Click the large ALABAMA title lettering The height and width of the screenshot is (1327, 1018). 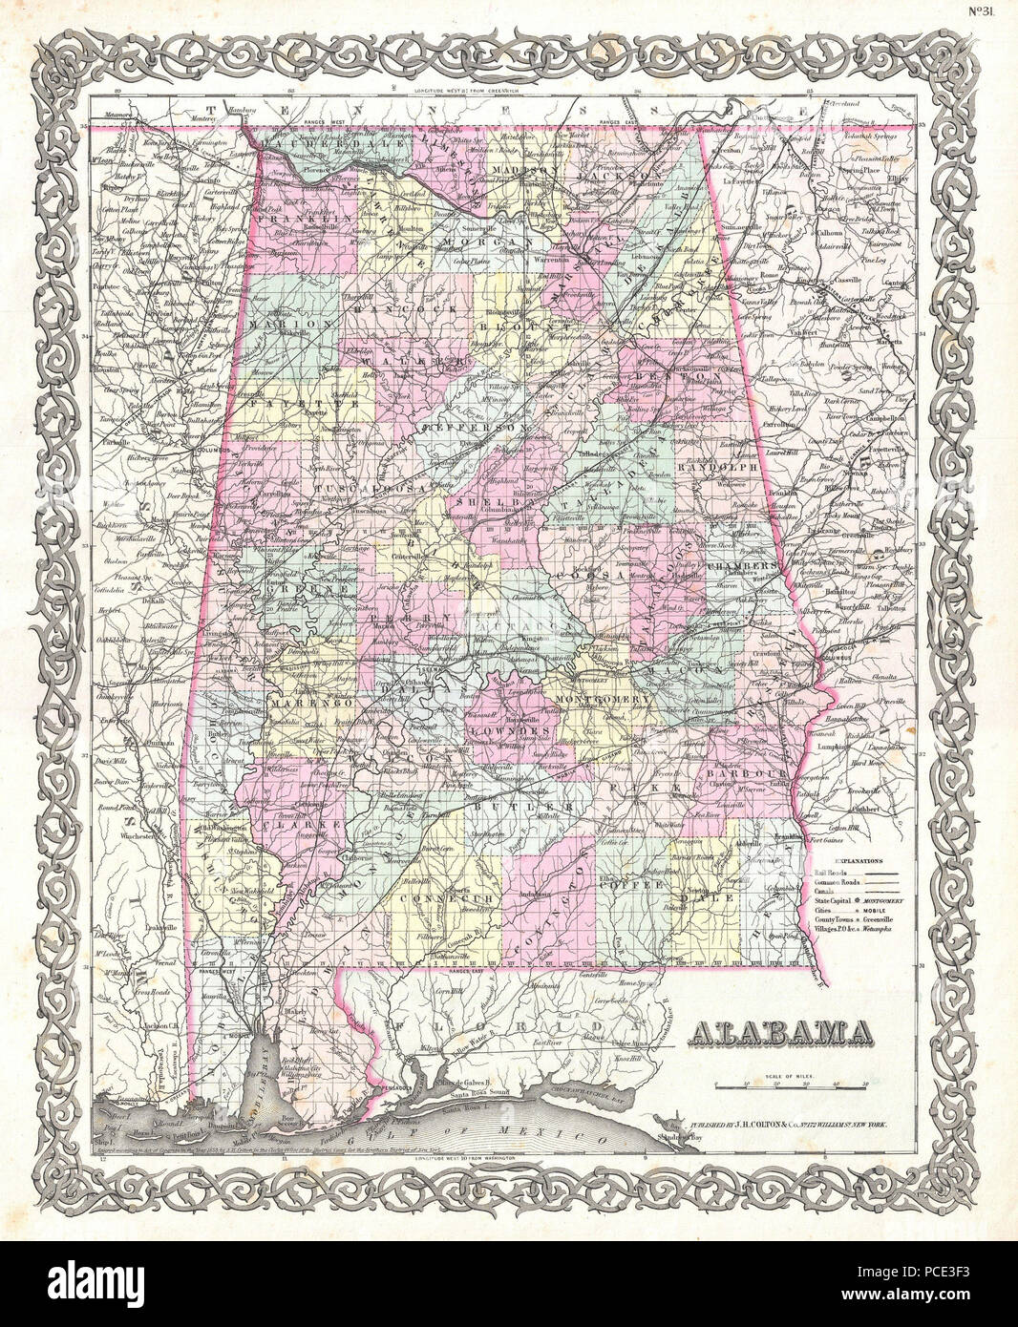pos(780,1031)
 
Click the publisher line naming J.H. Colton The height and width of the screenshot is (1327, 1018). pos(779,1127)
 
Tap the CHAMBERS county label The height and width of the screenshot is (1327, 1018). pos(746,566)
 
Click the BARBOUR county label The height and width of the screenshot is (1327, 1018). pos(753,771)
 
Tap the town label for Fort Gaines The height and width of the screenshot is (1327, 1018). pos(824,840)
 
